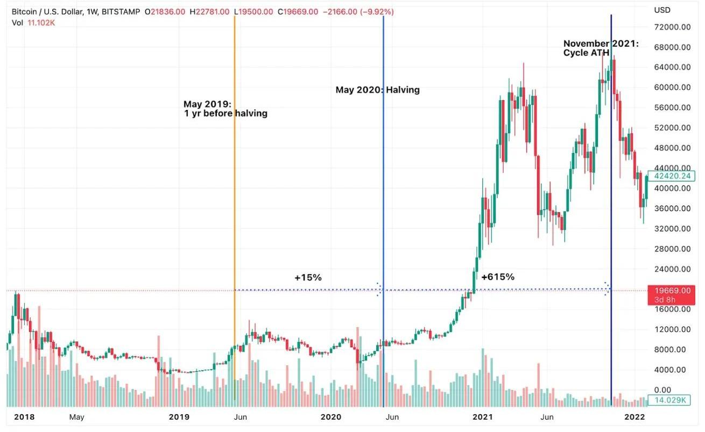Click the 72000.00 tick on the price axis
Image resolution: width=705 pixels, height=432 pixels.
(673, 27)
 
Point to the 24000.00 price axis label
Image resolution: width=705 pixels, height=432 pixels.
(673, 269)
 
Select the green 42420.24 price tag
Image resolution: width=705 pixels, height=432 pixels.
(672, 176)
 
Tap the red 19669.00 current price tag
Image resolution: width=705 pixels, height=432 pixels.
(672, 291)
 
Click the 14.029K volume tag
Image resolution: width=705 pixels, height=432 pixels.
(671, 400)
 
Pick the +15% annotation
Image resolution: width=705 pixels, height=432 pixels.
(308, 277)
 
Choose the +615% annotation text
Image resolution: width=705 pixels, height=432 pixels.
(498, 277)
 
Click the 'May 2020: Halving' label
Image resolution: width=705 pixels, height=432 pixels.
(377, 90)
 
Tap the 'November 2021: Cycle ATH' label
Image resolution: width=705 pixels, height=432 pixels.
(601, 48)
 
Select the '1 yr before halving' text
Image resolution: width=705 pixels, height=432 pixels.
(225, 114)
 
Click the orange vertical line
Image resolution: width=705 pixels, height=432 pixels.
(235, 215)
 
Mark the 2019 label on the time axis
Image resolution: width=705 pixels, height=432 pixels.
(179, 416)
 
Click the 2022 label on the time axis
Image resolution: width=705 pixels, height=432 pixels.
(634, 416)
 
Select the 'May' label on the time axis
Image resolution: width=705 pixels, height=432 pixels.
(76, 416)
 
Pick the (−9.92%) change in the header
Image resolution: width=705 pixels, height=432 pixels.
(376, 11)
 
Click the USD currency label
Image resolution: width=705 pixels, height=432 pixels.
(661, 10)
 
